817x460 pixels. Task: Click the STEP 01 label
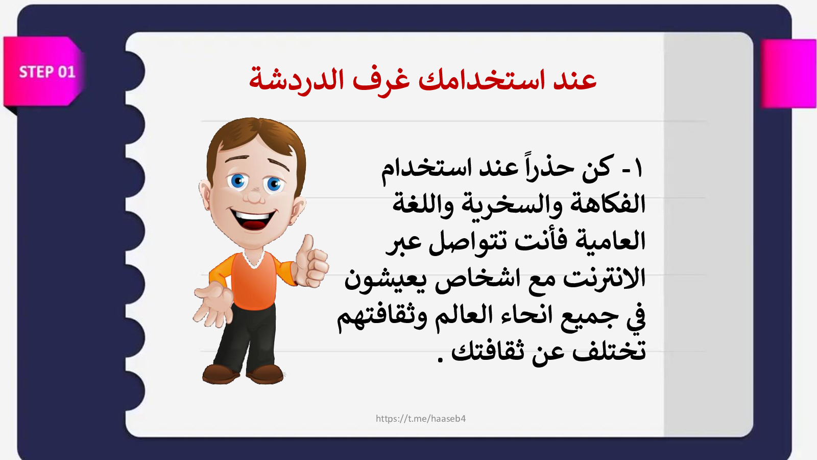[x=47, y=72]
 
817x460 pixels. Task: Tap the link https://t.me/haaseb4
[x=421, y=419]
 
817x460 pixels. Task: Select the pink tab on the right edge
[x=788, y=74]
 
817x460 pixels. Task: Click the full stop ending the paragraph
[x=440, y=359]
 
